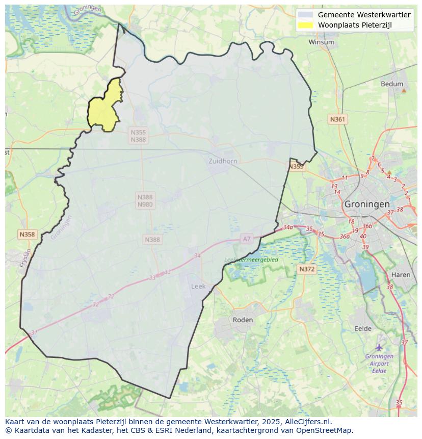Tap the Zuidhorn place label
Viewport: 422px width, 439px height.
pos(223,161)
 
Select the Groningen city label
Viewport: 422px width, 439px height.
pos(367,204)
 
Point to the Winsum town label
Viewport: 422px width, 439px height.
pos(322,42)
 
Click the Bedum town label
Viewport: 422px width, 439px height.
pos(392,84)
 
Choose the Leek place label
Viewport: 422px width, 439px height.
pos(198,286)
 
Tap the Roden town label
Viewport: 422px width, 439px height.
pos(243,320)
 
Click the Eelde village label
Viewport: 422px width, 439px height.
pos(363,328)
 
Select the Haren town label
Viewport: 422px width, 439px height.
pos(401,274)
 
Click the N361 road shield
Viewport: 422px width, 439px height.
pos(337,119)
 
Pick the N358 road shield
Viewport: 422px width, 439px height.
pos(27,235)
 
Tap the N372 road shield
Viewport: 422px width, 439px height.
pos(307,269)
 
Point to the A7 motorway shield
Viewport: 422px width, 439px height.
pos(247,239)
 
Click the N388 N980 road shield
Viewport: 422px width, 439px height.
pos(145,201)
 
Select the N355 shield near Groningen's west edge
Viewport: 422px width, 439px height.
pos(296,167)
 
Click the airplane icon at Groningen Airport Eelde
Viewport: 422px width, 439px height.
pos(379,347)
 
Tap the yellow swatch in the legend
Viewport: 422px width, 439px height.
pos(306,25)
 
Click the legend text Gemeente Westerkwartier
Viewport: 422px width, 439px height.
pos(364,15)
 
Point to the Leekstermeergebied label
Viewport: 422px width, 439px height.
pos(251,260)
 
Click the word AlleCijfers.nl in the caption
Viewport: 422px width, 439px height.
pos(309,422)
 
